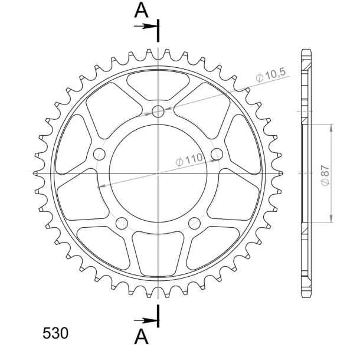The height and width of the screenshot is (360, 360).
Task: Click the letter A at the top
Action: [x=140, y=10]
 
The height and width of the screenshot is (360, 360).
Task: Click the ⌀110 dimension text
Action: [x=189, y=158]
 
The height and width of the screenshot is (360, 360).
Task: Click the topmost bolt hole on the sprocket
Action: [x=158, y=112]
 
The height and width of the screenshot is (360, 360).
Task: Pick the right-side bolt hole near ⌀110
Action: [x=218, y=154]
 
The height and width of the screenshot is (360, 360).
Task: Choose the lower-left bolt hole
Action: [x=122, y=222]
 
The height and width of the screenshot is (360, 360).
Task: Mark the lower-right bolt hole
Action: [x=195, y=222]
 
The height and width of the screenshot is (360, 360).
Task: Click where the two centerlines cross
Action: [x=158, y=173]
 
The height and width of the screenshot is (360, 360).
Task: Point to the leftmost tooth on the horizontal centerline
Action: [x=35, y=173]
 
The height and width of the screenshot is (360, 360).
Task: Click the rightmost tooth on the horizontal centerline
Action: [x=280, y=173]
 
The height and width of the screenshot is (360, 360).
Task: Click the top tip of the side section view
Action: [x=305, y=48]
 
